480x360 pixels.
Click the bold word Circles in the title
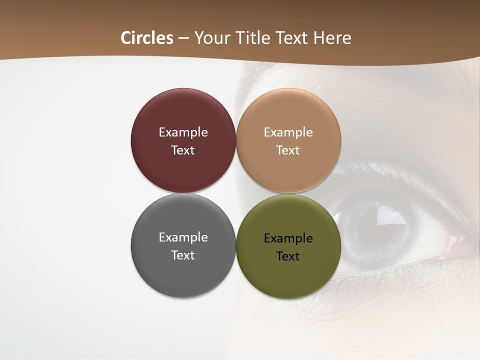coord(146,38)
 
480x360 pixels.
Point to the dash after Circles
coord(183,38)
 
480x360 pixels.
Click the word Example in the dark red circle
coord(183,132)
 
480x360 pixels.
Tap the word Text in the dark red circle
coord(183,150)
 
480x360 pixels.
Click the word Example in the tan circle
coord(288,132)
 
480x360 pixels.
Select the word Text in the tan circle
coord(288,150)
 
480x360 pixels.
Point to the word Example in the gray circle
coord(183,237)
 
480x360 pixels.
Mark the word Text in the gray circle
coord(183,255)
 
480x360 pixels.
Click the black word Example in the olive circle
coord(288,238)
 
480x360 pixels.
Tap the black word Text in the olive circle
coord(288,256)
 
